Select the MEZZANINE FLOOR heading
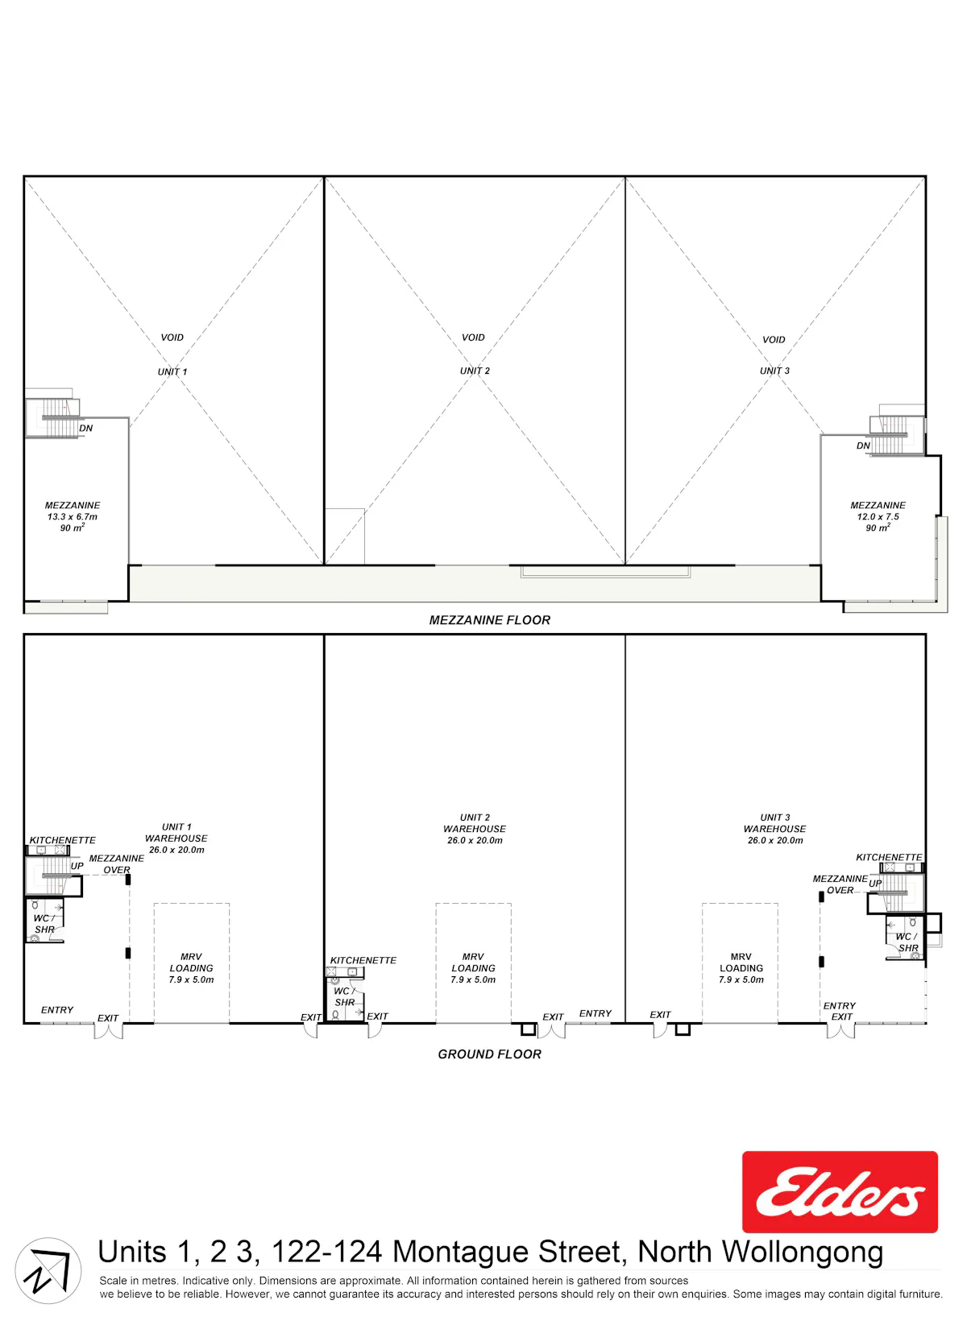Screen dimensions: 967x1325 489,620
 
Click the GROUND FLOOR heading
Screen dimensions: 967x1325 489,1054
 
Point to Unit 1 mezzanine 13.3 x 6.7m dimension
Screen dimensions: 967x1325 73,516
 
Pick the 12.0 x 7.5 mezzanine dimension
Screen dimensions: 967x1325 878,516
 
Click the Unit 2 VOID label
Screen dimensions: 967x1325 473,337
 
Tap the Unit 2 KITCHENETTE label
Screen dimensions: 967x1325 363,960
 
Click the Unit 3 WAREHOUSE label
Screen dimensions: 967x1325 774,829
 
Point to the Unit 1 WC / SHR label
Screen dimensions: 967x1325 44,923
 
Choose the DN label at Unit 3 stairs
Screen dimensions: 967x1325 863,445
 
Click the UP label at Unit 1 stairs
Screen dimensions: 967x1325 77,865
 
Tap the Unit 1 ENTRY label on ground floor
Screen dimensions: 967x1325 57,1010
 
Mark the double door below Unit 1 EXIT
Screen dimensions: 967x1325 108,1031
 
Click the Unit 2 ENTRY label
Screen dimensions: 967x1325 596,1013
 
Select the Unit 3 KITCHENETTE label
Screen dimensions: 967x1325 889,857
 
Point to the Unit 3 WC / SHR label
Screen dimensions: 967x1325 907,942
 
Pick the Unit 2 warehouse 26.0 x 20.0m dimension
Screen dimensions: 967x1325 475,840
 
